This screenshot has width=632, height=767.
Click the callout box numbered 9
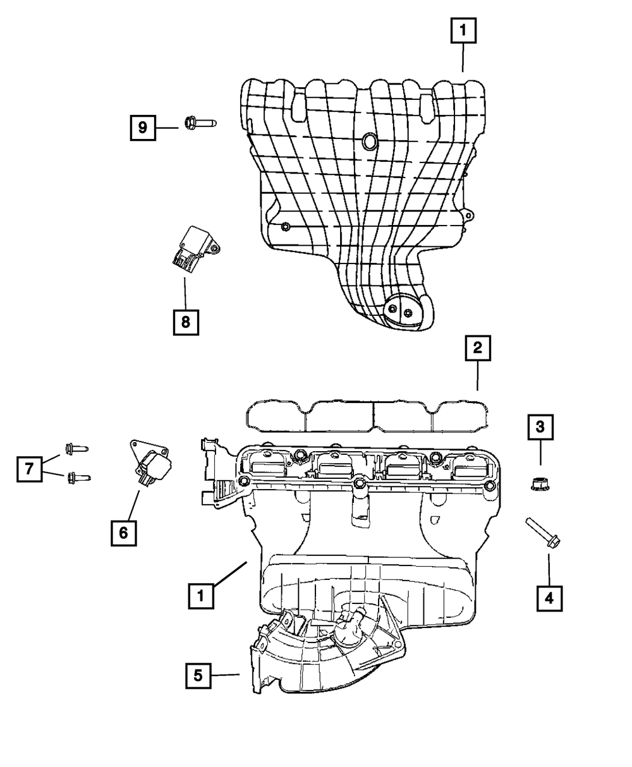(143, 128)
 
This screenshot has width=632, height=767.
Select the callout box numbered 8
(185, 322)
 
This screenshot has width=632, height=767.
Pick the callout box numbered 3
(540, 428)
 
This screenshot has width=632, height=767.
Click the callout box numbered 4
(549, 597)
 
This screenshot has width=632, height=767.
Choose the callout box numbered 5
(198, 675)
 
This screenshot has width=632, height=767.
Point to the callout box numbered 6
(123, 533)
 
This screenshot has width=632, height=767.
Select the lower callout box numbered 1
(200, 596)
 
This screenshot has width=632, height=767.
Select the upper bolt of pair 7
(76, 449)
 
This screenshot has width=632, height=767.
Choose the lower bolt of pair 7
(78, 477)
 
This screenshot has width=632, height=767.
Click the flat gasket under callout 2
(369, 414)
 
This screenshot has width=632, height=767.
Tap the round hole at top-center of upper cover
(368, 142)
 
